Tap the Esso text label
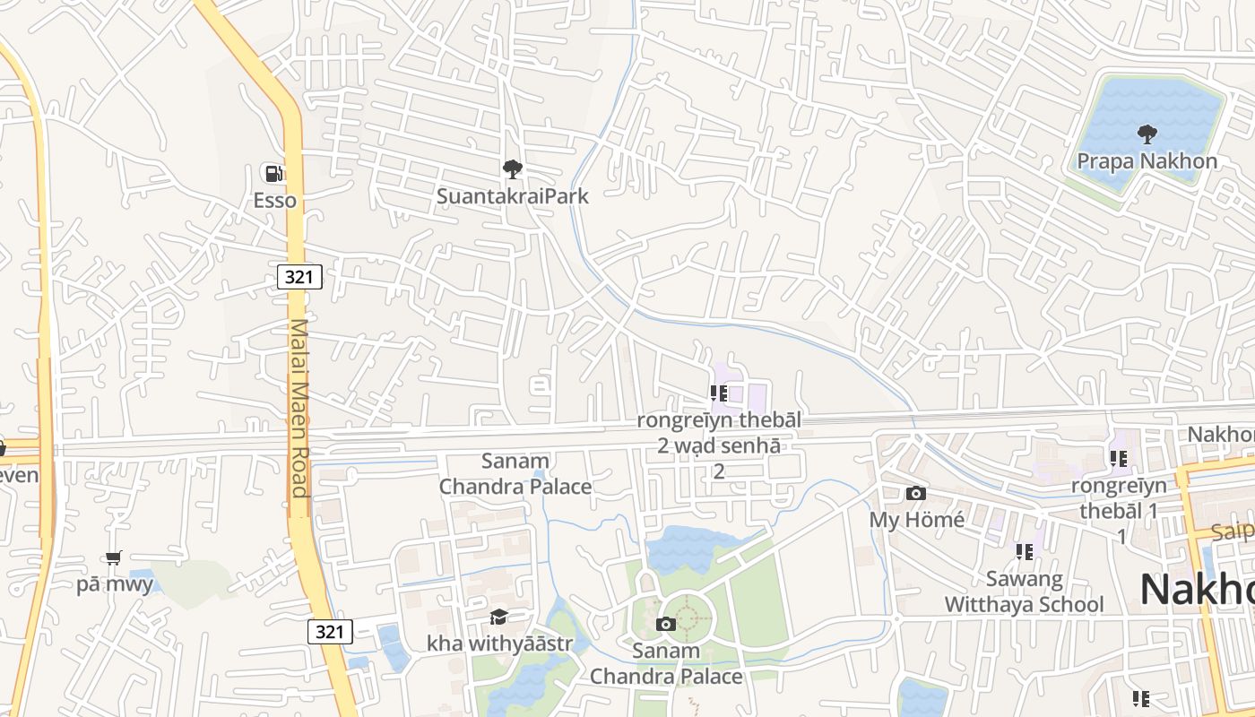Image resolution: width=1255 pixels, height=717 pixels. [274, 200]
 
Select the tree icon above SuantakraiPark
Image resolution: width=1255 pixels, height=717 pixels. [512, 168]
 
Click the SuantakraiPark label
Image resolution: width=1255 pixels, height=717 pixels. [512, 195]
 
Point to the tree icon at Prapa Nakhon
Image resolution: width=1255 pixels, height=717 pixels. [1147, 134]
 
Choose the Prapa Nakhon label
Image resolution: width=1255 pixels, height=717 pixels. [1147, 161]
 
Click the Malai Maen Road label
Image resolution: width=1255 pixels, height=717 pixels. [299, 408]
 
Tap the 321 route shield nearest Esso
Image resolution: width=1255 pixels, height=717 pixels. [299, 277]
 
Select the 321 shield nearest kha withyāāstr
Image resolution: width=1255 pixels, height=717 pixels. [330, 631]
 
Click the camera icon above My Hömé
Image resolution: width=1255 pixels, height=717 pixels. [915, 493]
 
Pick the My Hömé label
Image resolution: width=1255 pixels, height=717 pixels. [916, 520]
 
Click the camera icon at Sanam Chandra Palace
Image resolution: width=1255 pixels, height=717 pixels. [665, 624]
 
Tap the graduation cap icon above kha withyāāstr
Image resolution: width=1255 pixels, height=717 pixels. [498, 617]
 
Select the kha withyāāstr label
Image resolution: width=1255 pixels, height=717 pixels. [498, 644]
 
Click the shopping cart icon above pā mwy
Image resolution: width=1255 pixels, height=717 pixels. [114, 558]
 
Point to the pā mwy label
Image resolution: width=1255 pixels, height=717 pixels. [114, 585]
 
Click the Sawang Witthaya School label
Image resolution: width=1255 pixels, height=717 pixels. [1024, 592]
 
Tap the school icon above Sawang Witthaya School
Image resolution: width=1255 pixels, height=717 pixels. [1024, 551]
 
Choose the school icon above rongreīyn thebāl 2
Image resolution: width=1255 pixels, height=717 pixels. [718, 393]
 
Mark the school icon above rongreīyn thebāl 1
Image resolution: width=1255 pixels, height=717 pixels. [1118, 459]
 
